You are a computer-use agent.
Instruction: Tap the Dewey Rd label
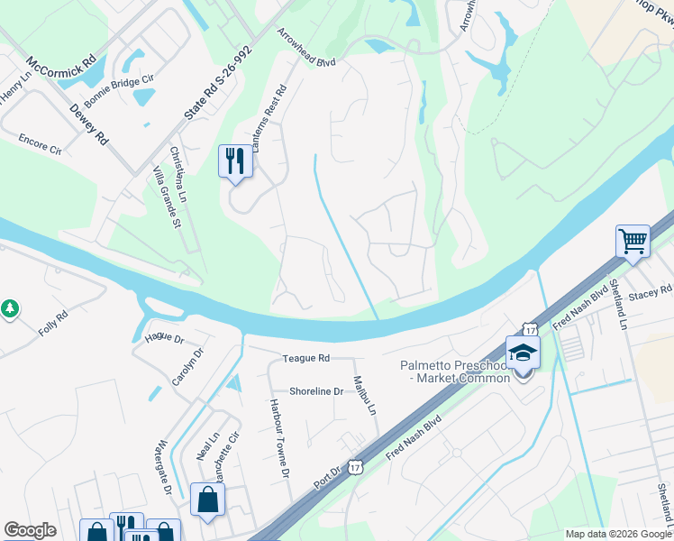[89, 124]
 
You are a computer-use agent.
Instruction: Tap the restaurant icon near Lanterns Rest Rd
[235, 161]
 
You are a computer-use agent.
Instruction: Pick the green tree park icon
[10, 309]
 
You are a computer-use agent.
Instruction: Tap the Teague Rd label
[305, 358]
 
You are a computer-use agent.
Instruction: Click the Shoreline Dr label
[316, 391]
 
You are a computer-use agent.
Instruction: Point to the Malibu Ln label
[363, 395]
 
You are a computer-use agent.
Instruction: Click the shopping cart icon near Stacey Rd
[633, 241]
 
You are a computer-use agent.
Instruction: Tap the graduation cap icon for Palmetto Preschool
[523, 352]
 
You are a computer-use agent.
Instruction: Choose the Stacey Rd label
[651, 291]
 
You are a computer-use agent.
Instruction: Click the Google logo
[30, 530]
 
